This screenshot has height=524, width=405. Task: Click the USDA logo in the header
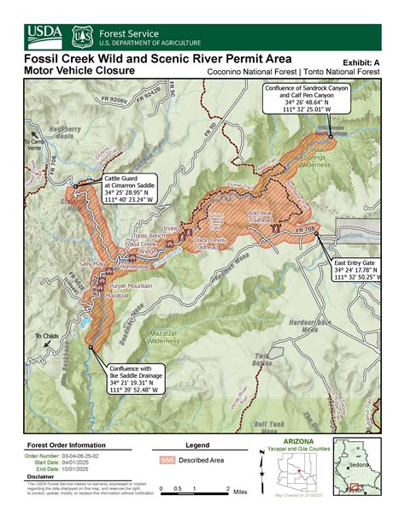point(44,35)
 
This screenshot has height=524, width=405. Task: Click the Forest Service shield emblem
point(82,36)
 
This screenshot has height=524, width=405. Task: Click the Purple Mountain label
point(131,286)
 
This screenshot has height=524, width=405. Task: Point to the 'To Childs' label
point(48,336)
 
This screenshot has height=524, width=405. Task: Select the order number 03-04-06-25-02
point(85,456)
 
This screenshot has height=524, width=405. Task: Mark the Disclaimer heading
point(42,477)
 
